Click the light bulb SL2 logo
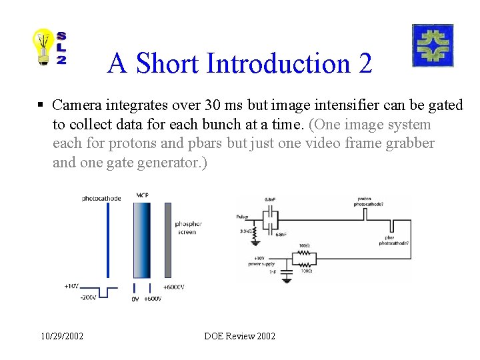click(x=51, y=47)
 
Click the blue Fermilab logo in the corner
click(x=433, y=45)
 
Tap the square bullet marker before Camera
click(x=41, y=105)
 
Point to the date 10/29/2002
click(x=61, y=336)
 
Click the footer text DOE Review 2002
click(x=240, y=336)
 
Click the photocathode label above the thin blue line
click(x=102, y=198)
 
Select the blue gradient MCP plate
click(x=142, y=240)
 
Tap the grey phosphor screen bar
click(x=168, y=240)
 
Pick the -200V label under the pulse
click(x=88, y=298)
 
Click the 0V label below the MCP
click(x=135, y=299)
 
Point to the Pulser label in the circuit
click(x=242, y=217)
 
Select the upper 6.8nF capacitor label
click(x=270, y=199)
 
